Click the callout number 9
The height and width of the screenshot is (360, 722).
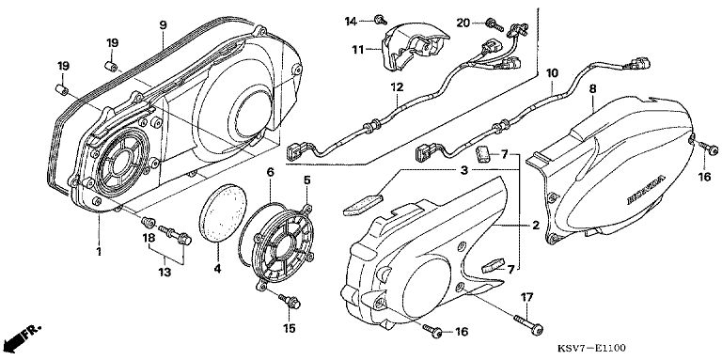pos(163,24)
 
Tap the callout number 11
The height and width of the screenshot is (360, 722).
pos(358,49)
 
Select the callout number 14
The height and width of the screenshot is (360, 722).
pos(351,22)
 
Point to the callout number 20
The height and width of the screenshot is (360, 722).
pos(463,23)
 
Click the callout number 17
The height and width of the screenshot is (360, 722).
pos(526,297)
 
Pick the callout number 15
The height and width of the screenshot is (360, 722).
pos(290,328)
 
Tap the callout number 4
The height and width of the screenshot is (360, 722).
pos(217,269)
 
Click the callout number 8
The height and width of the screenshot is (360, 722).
pos(592,89)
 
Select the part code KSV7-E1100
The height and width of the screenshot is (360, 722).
pos(591,348)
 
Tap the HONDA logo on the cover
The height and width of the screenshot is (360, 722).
pos(646,190)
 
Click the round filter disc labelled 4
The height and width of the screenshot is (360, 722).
pos(223,213)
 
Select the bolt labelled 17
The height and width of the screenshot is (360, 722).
pos(528,324)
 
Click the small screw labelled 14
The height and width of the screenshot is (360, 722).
pos(381,20)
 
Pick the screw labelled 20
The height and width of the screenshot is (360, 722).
pos(494,25)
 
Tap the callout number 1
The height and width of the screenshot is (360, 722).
pos(98,251)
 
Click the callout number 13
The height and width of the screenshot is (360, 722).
pos(165,273)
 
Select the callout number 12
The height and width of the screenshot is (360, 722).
pos(397,87)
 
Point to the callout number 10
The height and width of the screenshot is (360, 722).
pos(552,73)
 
